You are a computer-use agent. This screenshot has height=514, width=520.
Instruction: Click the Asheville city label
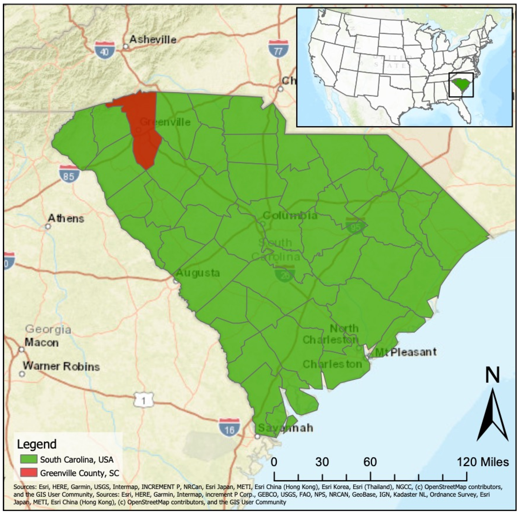153,40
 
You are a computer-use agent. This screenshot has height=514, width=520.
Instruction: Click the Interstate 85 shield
69,174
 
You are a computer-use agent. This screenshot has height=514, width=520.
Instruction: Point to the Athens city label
66,218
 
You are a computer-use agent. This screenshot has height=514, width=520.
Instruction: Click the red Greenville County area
145,135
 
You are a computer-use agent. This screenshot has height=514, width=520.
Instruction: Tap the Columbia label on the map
290,215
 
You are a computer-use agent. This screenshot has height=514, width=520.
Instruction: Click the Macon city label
42,343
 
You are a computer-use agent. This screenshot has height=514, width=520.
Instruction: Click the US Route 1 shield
143,401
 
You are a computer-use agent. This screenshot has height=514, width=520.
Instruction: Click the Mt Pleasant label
406,352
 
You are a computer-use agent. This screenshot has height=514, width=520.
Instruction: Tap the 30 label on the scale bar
322,462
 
